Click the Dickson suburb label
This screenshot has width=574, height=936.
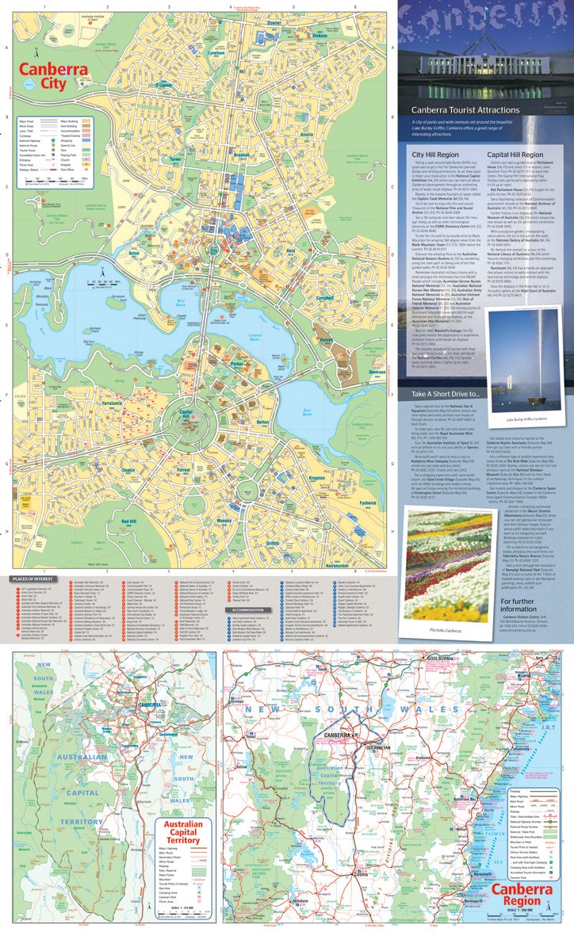coord(319,36)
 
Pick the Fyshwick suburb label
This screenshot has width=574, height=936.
coord(367,503)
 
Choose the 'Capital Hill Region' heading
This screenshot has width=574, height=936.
coord(515,155)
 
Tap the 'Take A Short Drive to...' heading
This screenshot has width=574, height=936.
coord(445,394)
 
